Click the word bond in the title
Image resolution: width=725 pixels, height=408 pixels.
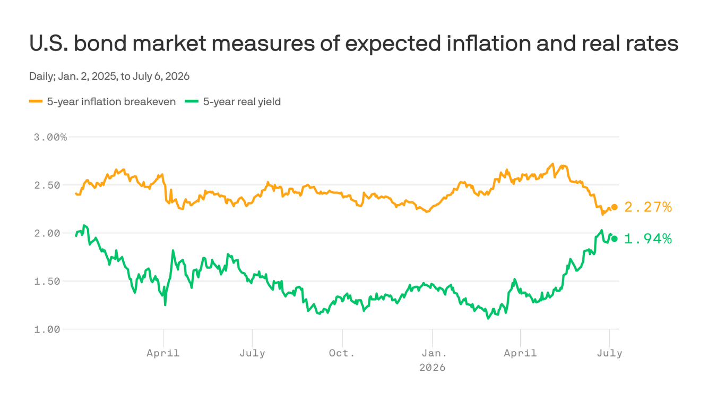coord(100,43)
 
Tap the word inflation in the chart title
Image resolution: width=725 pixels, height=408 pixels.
coord(489,43)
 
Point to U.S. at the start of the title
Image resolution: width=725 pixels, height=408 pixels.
coord(48,43)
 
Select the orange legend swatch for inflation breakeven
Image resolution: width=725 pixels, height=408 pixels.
coord(36,101)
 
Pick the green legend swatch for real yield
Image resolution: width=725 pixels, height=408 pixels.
coord(191,101)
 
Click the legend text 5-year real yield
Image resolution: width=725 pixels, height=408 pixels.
coord(242,102)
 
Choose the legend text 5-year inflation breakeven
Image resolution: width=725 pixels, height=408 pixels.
coord(111,102)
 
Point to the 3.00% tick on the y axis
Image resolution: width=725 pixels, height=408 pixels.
coord(50,138)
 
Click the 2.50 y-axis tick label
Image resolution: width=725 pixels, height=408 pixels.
coord(47,185)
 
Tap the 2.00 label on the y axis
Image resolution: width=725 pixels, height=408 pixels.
coord(47,233)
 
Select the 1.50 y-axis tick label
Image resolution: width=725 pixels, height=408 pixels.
coord(47,281)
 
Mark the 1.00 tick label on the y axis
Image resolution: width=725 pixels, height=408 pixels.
coord(47,329)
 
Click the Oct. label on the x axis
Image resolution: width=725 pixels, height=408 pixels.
coord(342,353)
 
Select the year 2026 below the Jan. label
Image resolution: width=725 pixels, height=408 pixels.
coord(433,368)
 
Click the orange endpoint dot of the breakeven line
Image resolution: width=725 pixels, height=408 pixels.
coord(614,207)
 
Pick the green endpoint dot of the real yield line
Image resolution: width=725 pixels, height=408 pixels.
coord(614,239)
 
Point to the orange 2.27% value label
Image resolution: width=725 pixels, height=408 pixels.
coord(648,207)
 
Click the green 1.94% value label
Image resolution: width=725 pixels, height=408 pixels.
coord(648,239)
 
